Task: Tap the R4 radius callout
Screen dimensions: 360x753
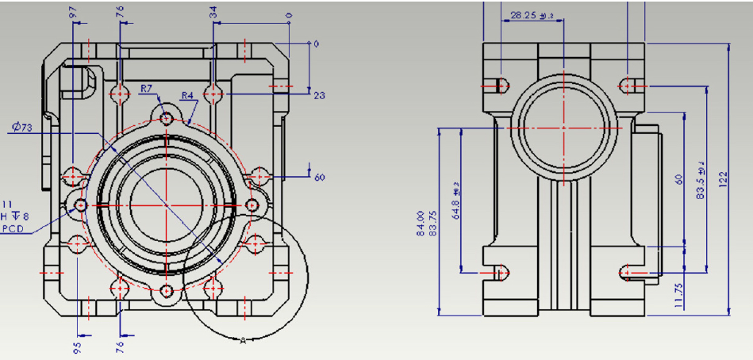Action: pos(188,96)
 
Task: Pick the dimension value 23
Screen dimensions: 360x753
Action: pos(320,96)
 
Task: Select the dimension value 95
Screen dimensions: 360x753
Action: pos(76,347)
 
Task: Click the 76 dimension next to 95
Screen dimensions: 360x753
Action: pos(121,347)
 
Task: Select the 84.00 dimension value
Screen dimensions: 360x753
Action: pos(420,224)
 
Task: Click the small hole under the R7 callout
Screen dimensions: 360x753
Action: pos(167,119)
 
